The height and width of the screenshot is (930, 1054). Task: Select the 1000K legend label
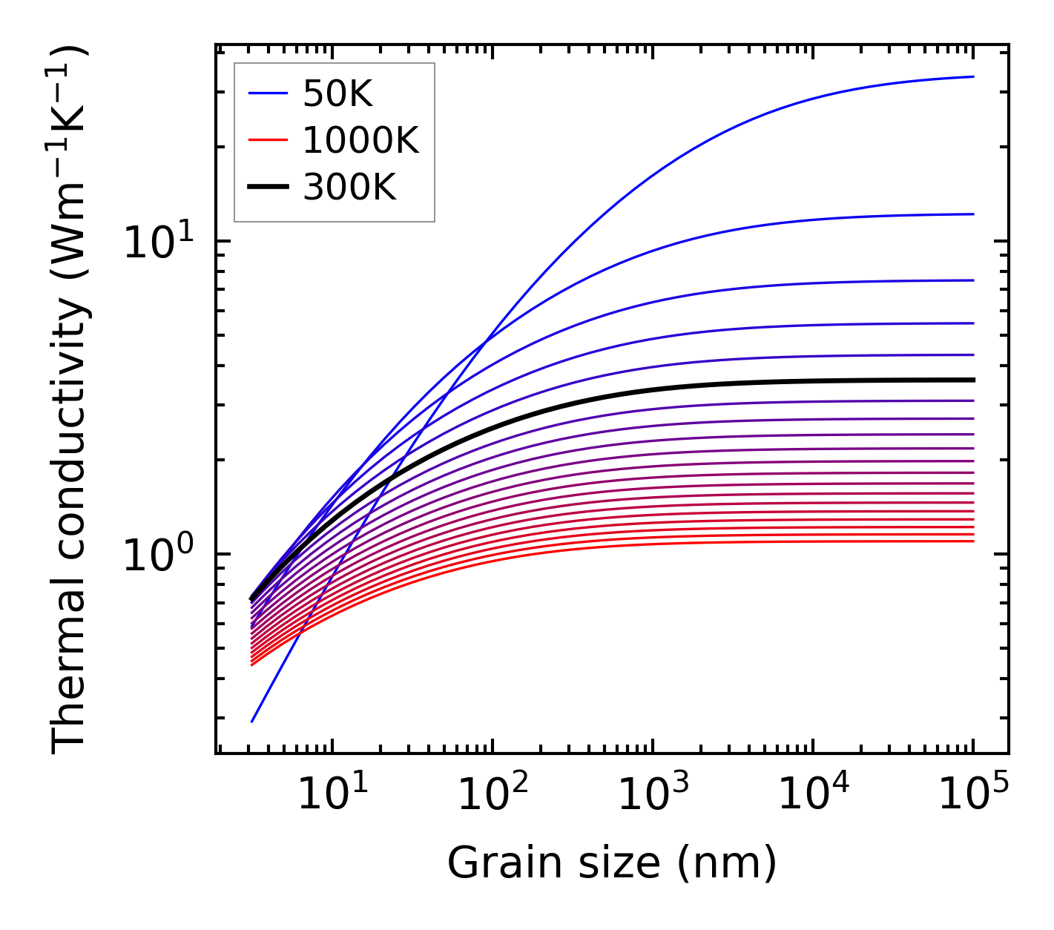click(x=360, y=140)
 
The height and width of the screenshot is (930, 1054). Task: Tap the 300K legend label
click(x=349, y=188)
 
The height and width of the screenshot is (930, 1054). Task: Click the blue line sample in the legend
click(x=267, y=93)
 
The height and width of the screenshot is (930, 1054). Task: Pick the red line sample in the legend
click(x=267, y=140)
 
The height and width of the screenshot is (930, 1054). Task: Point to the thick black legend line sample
click(x=267, y=188)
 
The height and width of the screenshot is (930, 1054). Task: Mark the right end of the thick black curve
click(x=973, y=380)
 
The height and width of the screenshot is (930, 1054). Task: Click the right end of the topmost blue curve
click(x=973, y=76)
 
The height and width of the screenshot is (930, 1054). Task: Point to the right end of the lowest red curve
click(x=973, y=541)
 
